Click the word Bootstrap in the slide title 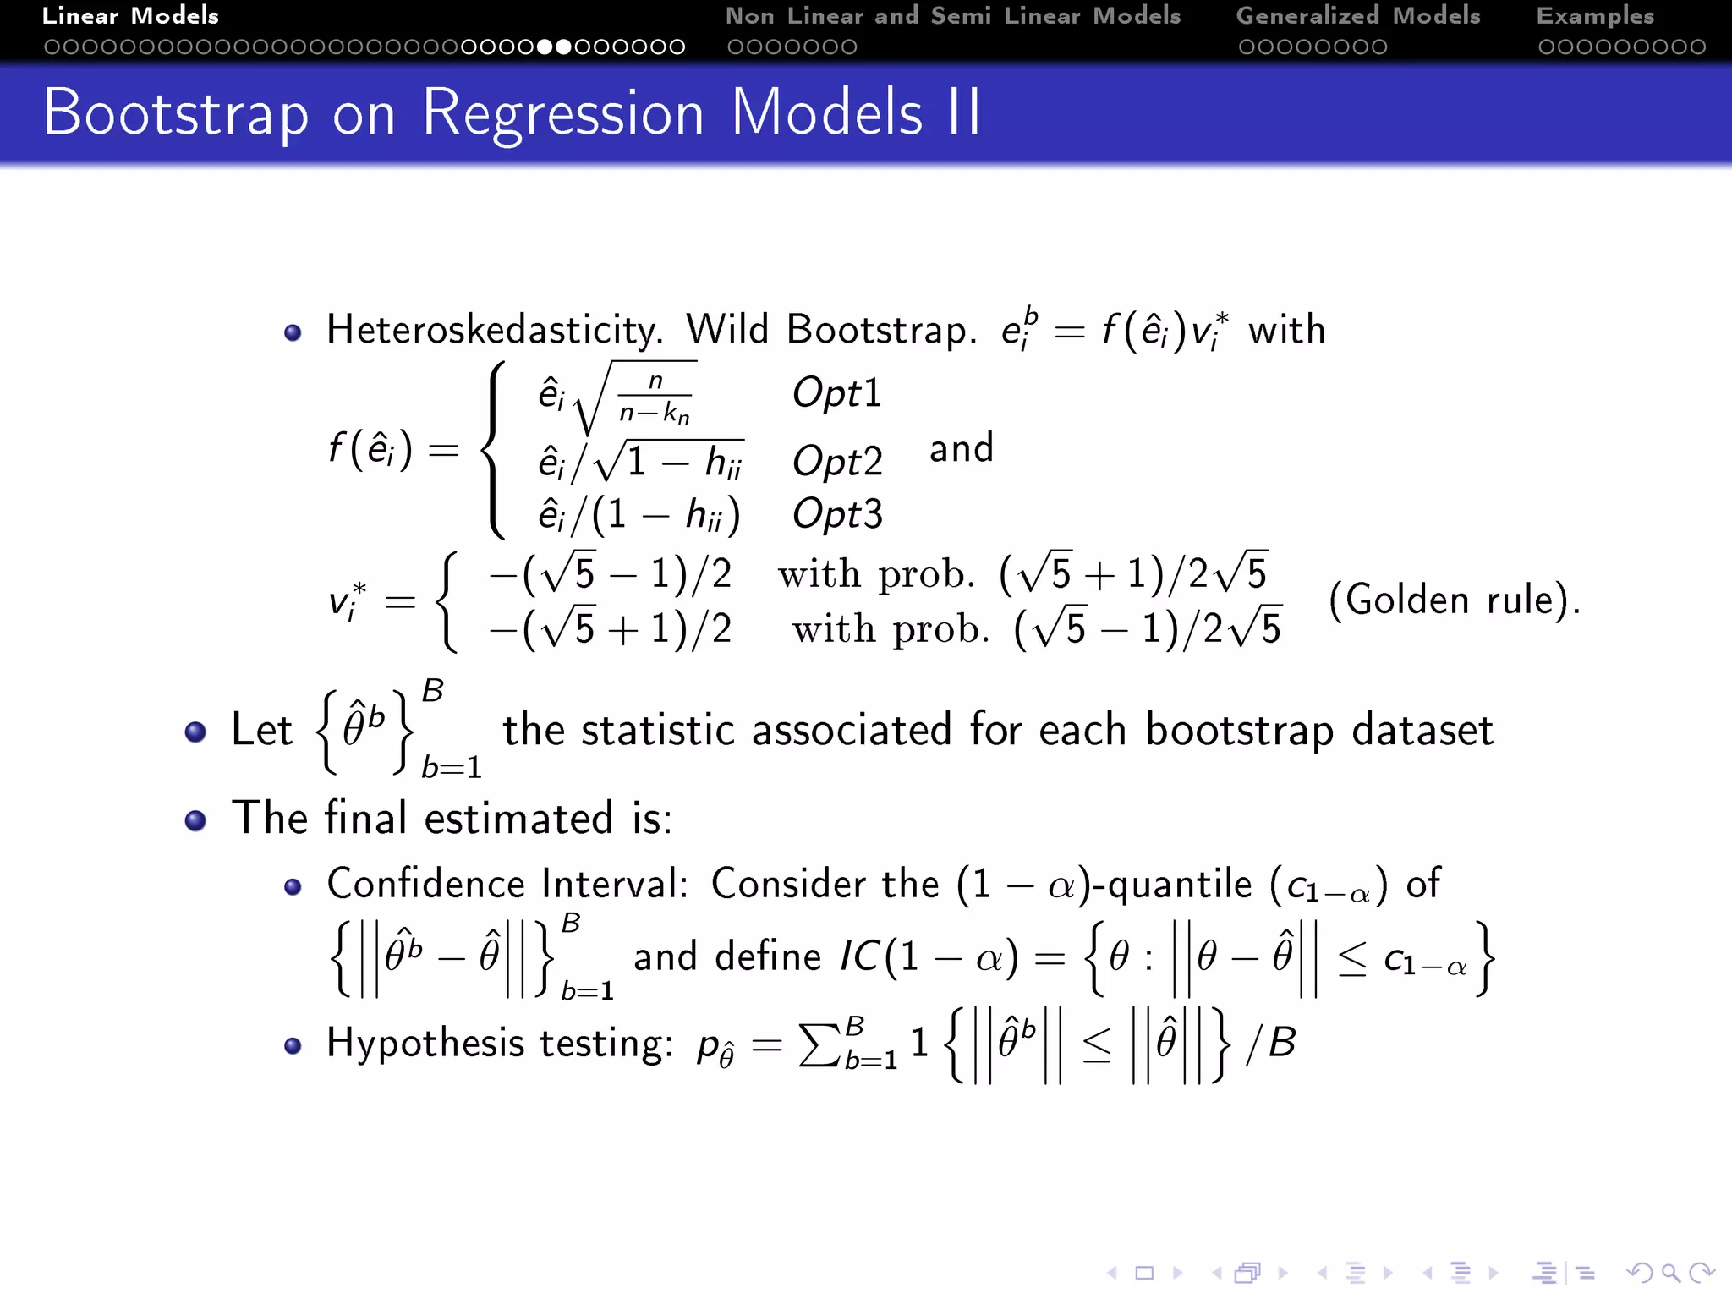click(176, 113)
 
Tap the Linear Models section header click(130, 16)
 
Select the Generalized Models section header click(1357, 16)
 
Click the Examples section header click(1595, 16)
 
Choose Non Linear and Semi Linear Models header click(952, 16)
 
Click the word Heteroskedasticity click(494, 330)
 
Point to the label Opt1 click(836, 393)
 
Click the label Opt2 click(836, 462)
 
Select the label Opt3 click(836, 514)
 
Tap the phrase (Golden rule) click(1454, 600)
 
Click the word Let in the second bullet click(261, 730)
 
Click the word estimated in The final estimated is click(518, 819)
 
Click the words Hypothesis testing click(499, 1044)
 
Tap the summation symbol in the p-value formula click(819, 1044)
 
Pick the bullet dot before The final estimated click(195, 819)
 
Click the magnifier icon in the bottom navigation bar click(1670, 1273)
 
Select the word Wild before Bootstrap click(727, 330)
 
